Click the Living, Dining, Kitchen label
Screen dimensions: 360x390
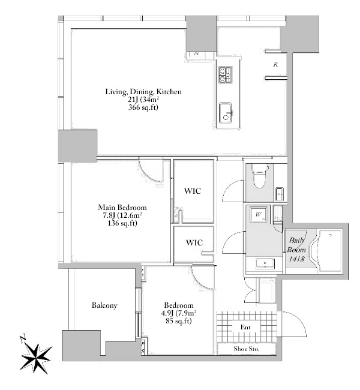(x=143, y=92)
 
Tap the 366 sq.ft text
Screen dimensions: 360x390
(x=143, y=108)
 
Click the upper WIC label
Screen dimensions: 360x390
(x=193, y=191)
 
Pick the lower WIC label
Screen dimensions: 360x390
(x=193, y=242)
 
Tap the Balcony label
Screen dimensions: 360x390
(x=104, y=305)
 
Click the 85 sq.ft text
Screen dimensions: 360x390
(x=177, y=321)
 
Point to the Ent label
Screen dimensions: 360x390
(x=245, y=327)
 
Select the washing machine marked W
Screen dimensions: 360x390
(x=259, y=215)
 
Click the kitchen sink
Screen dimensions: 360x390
(x=226, y=112)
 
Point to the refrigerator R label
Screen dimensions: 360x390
(x=275, y=64)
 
